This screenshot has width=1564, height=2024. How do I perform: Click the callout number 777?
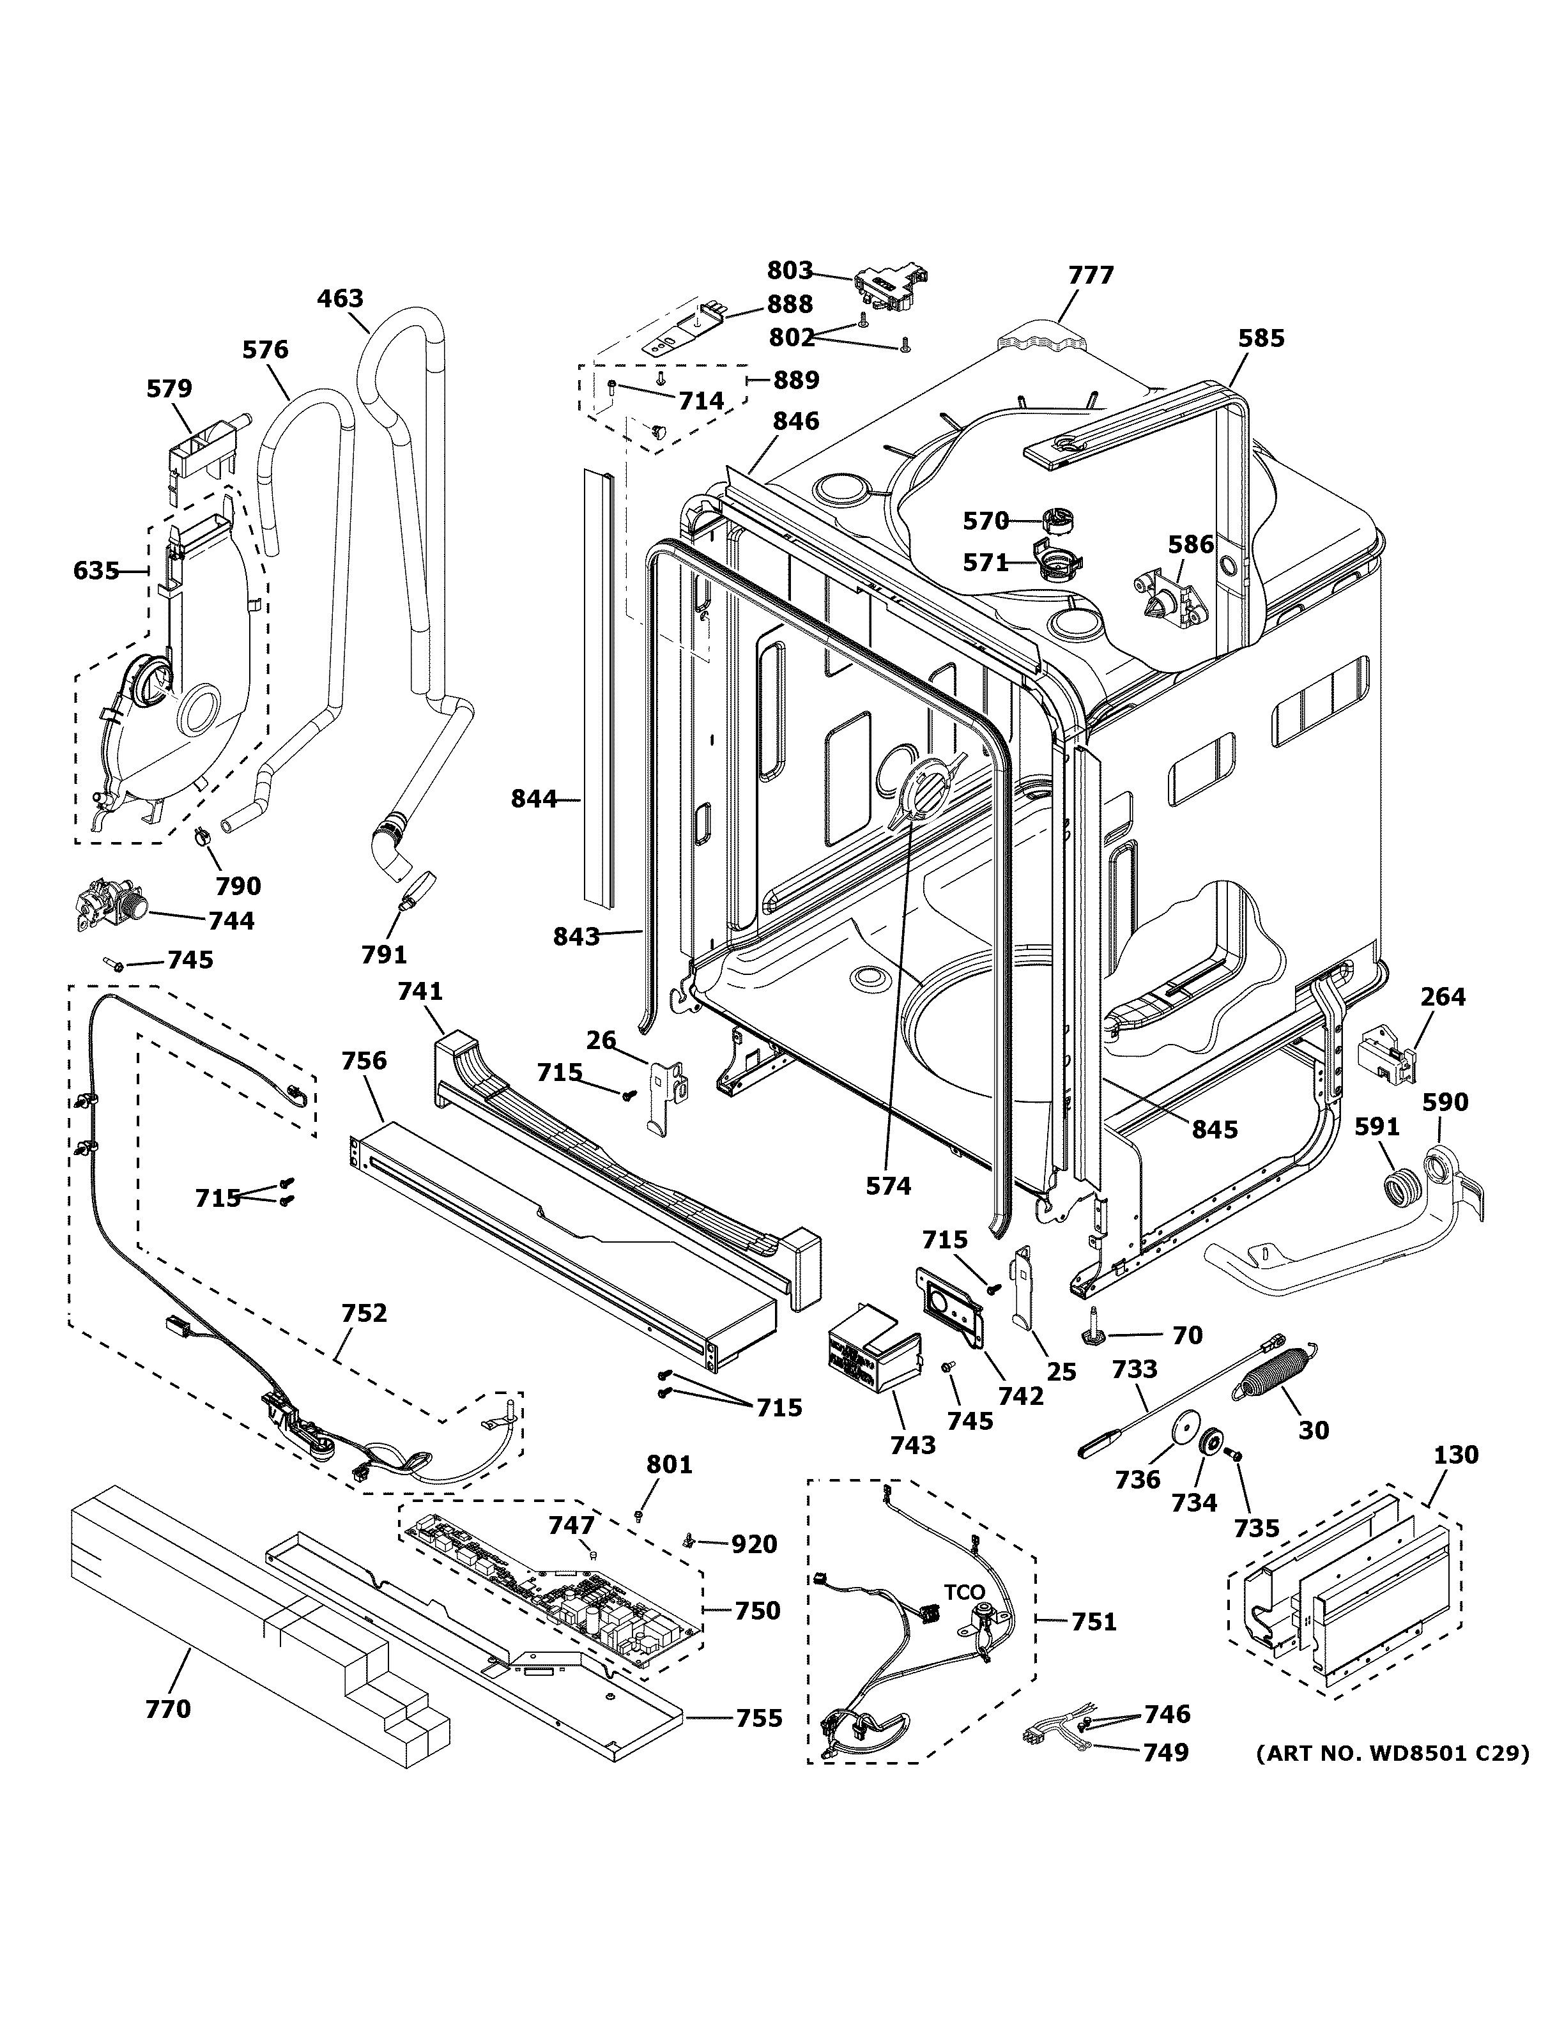pos(1091,275)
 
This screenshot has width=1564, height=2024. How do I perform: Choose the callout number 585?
pos(1261,338)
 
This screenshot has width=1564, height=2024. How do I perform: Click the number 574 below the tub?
pos(887,1185)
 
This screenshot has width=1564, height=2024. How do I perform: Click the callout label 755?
pos(759,1718)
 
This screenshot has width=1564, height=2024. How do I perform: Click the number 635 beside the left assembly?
pos(96,571)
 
